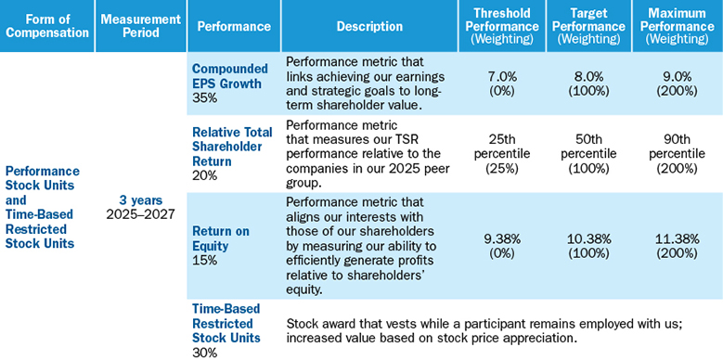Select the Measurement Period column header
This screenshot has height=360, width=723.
pos(141,26)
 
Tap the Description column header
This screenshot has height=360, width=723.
pos(369,26)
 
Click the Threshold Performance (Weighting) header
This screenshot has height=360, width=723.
pos(502,26)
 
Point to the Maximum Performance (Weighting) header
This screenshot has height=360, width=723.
pos(677,26)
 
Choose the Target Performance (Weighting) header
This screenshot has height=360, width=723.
pos(588,26)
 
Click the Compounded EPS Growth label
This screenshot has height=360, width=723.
pos(229,76)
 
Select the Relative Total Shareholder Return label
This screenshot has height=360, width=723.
pos(232,147)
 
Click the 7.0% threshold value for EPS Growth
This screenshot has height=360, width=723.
pos(502,76)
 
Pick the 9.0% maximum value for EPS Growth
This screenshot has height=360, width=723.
pos(677,76)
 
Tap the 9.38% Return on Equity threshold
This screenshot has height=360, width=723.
pos(502,238)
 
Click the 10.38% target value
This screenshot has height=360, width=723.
pos(588,238)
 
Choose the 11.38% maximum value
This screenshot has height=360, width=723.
pos(677,238)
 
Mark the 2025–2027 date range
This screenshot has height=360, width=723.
pos(141,214)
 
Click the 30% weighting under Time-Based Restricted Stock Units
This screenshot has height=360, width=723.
pos(204,353)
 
